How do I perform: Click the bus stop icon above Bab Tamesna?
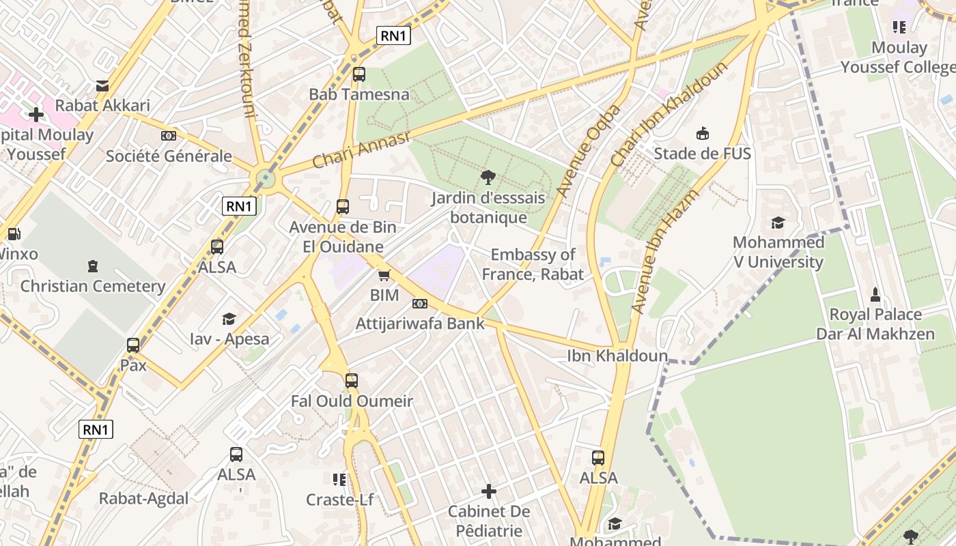358,74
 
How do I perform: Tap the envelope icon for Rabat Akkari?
102,86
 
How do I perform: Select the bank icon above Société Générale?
169,136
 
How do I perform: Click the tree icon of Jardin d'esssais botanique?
488,178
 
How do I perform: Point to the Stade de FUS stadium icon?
702,133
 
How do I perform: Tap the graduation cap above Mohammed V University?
778,222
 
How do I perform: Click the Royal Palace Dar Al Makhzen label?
875,324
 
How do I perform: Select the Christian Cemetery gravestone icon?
93,266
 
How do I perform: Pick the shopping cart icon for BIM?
384,276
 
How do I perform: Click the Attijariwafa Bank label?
420,324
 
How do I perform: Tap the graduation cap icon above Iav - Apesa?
229,319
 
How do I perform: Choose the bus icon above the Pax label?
133,345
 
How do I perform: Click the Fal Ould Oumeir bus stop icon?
352,381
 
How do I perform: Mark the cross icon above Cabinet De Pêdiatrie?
488,491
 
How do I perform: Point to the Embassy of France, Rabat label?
533,265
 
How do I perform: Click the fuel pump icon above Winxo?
14,234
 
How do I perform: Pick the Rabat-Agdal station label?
143,498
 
